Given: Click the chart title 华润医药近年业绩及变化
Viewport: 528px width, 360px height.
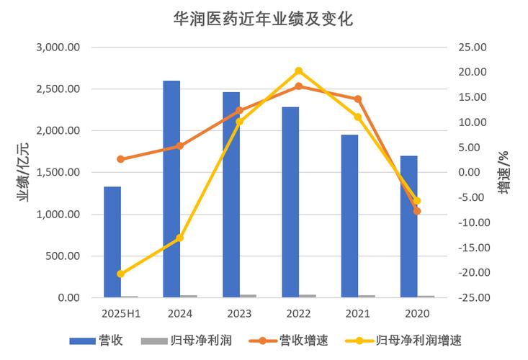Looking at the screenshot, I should pyautogui.click(x=264, y=17).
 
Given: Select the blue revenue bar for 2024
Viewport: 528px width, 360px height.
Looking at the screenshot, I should pyautogui.click(x=171, y=189).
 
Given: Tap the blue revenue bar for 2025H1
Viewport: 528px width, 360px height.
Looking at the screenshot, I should pyautogui.click(x=112, y=242).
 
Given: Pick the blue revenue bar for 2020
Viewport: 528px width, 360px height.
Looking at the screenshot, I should pyautogui.click(x=408, y=226).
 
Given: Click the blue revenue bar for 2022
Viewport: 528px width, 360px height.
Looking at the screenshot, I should pyautogui.click(x=290, y=202).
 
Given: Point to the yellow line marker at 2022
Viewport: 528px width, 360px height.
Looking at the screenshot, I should pyautogui.click(x=298, y=71).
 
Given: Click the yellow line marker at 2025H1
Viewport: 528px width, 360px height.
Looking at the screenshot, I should pyautogui.click(x=121, y=274).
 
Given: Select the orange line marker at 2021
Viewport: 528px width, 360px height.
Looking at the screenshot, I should pyautogui.click(x=358, y=99).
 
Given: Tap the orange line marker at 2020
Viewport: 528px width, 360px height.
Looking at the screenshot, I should pyautogui.click(x=417, y=211).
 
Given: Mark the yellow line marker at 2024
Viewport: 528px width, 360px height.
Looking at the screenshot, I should pyautogui.click(x=180, y=238).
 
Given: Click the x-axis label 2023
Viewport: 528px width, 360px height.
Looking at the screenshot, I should pyautogui.click(x=239, y=313).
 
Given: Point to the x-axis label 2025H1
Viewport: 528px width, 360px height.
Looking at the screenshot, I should pyautogui.click(x=121, y=313).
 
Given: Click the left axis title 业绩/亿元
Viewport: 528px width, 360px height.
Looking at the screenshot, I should pyautogui.click(x=24, y=173).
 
